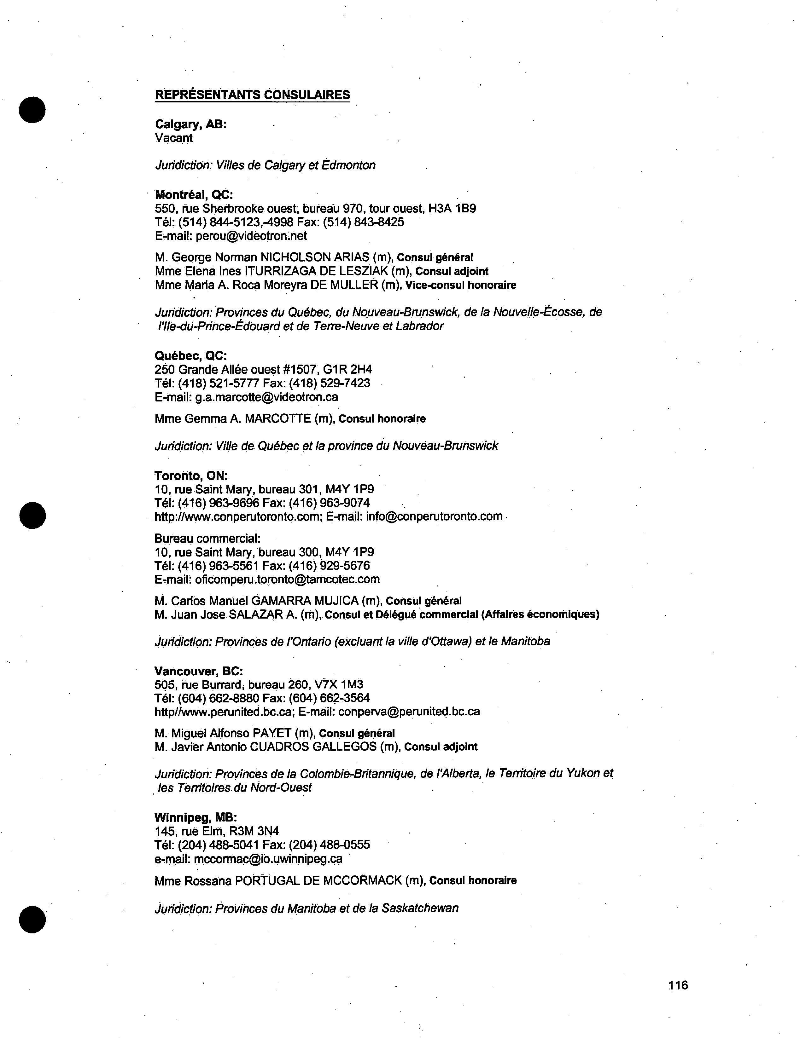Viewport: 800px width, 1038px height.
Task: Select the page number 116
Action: point(678,985)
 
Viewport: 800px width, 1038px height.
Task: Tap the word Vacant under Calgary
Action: point(174,138)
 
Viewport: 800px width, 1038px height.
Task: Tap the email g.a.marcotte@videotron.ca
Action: point(266,397)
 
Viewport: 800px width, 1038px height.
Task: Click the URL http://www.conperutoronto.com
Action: point(238,516)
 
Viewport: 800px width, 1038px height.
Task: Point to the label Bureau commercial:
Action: point(207,539)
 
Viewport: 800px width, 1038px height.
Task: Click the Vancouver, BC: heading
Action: point(199,671)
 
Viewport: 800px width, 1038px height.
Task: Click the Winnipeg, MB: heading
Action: point(196,817)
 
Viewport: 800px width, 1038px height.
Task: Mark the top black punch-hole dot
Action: point(32,110)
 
